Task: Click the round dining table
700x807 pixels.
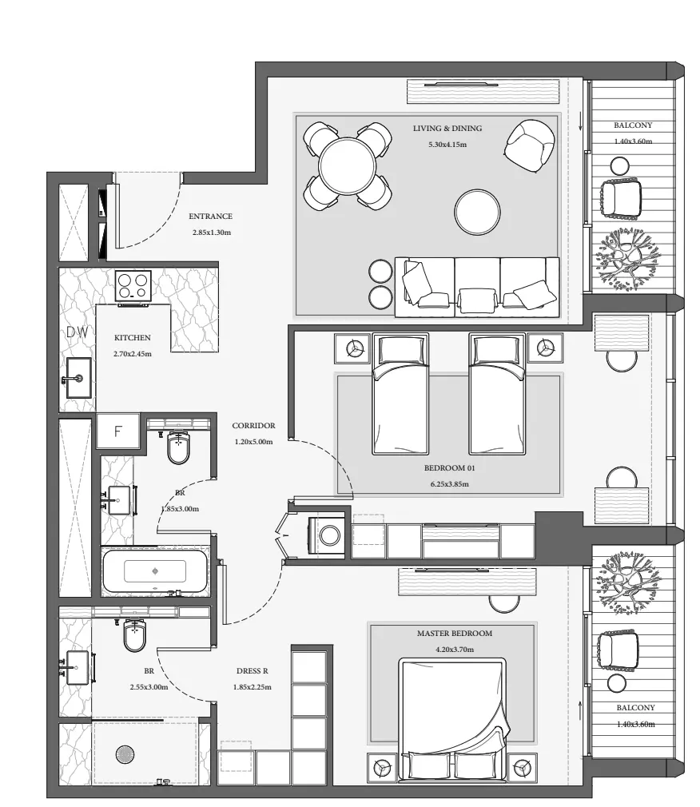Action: tap(347, 165)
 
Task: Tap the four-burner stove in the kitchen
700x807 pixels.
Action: tap(133, 286)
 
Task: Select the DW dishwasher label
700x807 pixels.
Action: tap(78, 332)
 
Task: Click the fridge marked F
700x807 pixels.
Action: tap(118, 431)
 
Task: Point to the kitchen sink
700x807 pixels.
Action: tap(79, 378)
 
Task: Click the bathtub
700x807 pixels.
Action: tap(155, 570)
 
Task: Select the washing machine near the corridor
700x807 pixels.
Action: tap(326, 535)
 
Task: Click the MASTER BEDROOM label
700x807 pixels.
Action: tap(455, 634)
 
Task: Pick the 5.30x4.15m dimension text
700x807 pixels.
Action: tap(447, 145)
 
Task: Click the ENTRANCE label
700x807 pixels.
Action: tap(210, 217)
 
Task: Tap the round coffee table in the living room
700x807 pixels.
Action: tap(477, 212)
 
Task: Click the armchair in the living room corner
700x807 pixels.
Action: tap(530, 146)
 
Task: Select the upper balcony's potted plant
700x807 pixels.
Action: tap(627, 258)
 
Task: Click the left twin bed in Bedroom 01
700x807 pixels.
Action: tap(400, 394)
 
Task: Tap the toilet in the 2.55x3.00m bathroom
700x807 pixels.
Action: tap(135, 634)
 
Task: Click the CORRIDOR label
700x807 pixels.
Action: tap(253, 426)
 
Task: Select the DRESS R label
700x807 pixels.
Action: tap(253, 671)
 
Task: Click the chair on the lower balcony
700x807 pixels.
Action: tap(618, 651)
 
